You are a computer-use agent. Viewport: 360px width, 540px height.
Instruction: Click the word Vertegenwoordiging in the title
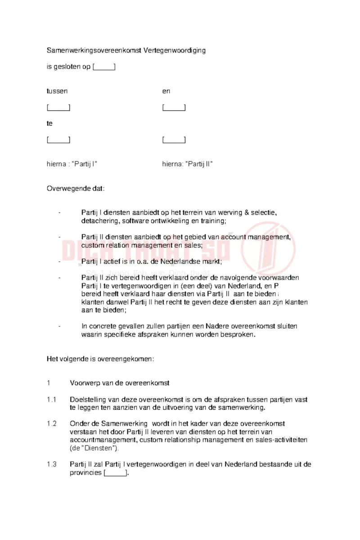coord(174,50)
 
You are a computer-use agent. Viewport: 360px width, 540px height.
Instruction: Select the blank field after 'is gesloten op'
coord(104,67)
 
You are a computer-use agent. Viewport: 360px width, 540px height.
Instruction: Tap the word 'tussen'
coord(57,91)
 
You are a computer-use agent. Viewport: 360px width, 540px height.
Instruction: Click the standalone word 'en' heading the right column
coord(166,91)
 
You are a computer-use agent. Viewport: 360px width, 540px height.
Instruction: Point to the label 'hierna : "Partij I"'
coord(72,164)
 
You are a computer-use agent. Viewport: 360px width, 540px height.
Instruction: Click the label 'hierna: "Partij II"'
coord(187,164)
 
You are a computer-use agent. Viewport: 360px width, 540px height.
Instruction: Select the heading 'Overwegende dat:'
coord(76,188)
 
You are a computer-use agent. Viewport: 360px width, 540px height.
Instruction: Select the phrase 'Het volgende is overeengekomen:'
coord(100,359)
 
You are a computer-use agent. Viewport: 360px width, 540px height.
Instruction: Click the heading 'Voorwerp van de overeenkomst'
coord(119,383)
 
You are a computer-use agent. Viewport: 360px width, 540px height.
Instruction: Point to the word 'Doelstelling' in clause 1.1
coord(88,400)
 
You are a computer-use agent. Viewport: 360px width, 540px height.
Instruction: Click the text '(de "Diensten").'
coord(94,448)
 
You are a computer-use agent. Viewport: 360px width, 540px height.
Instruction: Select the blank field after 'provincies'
coord(116,473)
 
